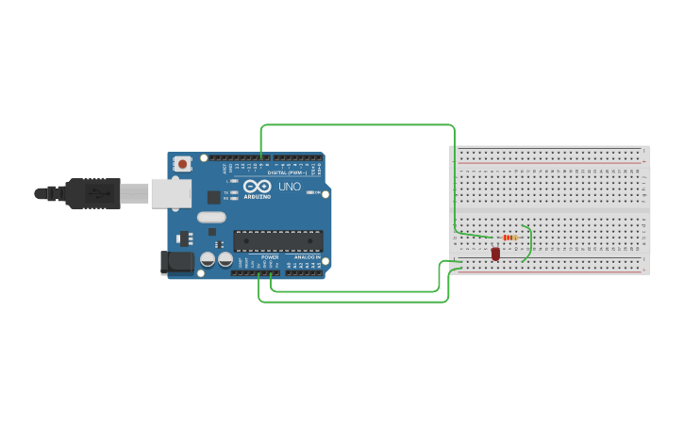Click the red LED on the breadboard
pyautogui.click(x=495, y=254)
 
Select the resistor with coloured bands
pyautogui.click(x=510, y=238)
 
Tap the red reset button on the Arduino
pyautogui.click(x=182, y=164)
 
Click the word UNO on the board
pyautogui.click(x=289, y=187)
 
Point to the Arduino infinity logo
pyautogui.click(x=257, y=186)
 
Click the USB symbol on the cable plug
pyautogui.click(x=97, y=193)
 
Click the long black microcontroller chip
pyautogui.click(x=277, y=241)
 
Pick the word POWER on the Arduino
pyautogui.click(x=270, y=256)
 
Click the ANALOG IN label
pyautogui.click(x=308, y=256)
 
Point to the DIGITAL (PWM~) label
pyautogui.click(x=289, y=172)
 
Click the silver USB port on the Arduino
pyautogui.click(x=171, y=193)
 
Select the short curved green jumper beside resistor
pyautogui.click(x=527, y=242)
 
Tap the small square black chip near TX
pyautogui.click(x=214, y=197)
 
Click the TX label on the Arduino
pyautogui.click(x=226, y=192)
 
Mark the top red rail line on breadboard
pyautogui.click(x=549, y=162)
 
